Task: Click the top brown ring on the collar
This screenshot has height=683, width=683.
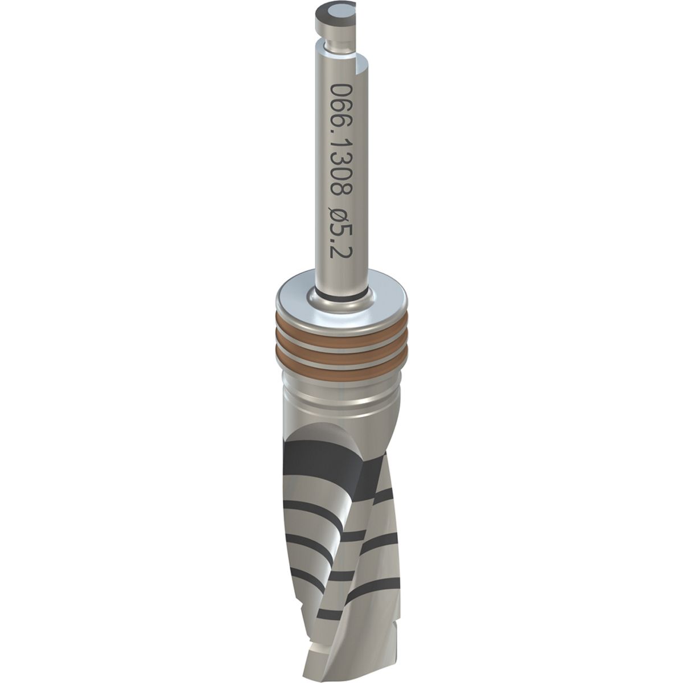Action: [341, 326]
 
